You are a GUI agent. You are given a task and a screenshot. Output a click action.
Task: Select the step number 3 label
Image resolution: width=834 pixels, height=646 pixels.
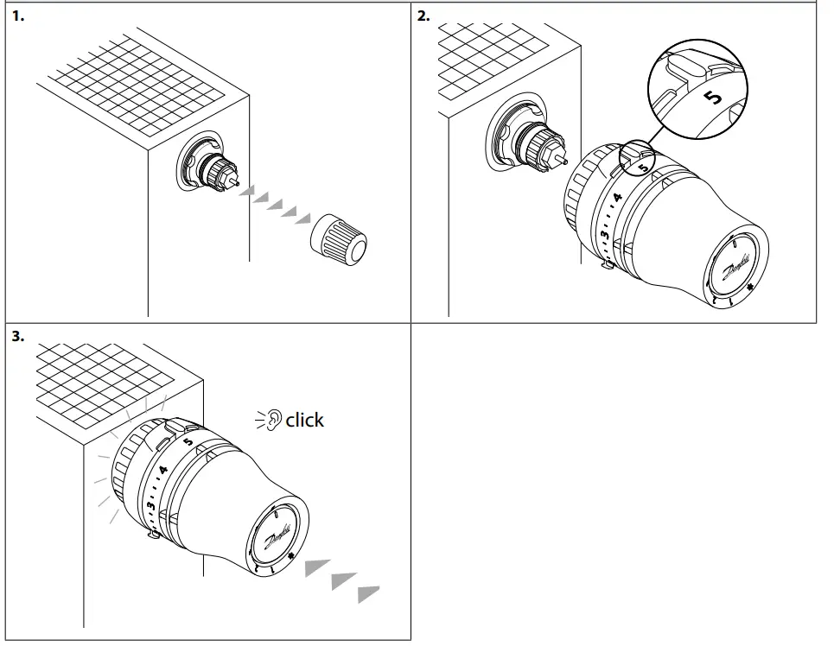[x=17, y=337]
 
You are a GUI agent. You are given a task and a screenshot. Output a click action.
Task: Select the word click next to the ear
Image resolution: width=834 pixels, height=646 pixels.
[x=304, y=421]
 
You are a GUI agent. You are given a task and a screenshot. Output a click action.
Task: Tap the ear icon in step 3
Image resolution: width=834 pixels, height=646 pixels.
[x=271, y=421]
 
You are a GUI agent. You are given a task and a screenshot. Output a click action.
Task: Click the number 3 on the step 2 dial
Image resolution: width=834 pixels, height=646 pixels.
[x=605, y=233]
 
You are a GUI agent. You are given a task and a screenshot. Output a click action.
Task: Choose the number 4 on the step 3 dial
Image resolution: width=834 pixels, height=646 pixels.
[x=162, y=471]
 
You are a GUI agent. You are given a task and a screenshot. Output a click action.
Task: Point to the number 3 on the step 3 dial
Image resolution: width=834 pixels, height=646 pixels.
[x=150, y=504]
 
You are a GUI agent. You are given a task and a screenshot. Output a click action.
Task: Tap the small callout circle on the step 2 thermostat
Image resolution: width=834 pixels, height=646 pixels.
[x=638, y=156]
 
